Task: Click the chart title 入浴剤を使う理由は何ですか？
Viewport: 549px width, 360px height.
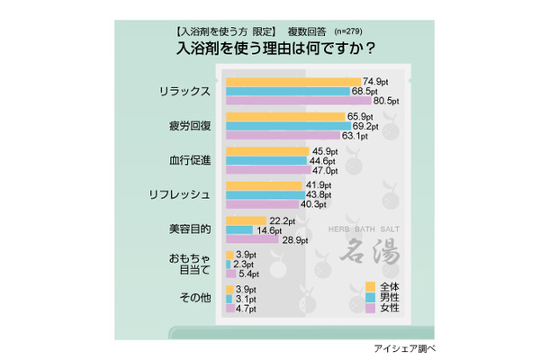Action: click(x=274, y=47)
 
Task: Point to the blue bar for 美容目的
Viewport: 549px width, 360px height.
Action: click(x=238, y=229)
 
